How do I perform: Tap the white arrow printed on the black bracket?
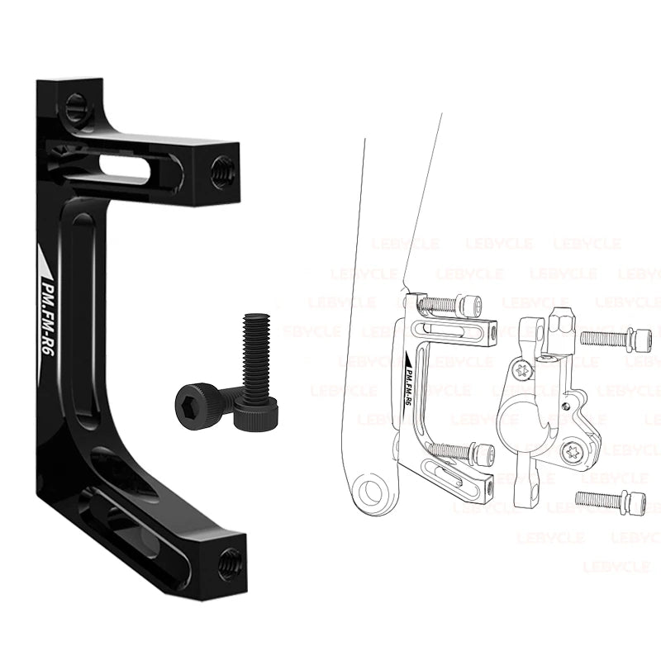coord(45,259)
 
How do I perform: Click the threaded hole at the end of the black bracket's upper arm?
coord(221,172)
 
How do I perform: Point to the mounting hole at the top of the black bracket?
coord(76,103)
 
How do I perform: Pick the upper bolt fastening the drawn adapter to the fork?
coord(450,305)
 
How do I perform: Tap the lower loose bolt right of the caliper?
coord(608,499)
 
